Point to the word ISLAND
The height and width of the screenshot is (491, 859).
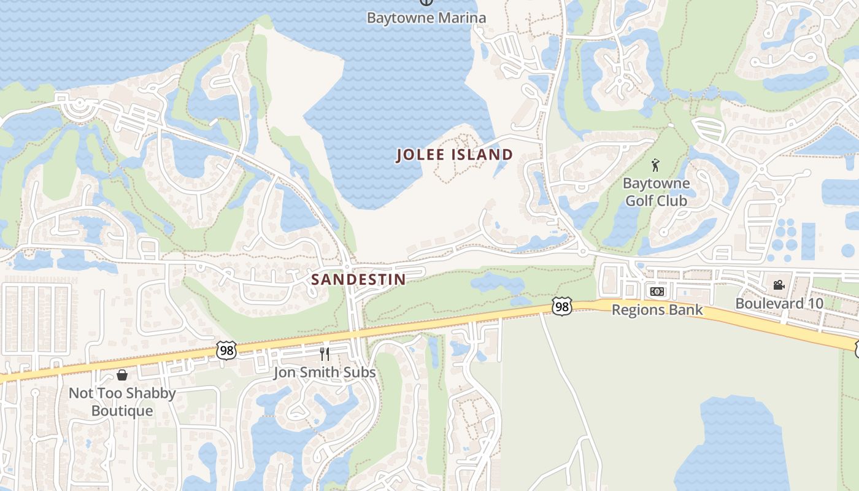[x=482, y=155]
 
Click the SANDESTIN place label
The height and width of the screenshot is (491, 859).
[x=358, y=280]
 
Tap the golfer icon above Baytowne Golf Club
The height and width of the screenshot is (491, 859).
[x=655, y=165]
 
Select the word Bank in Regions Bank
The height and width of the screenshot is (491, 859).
[x=687, y=310]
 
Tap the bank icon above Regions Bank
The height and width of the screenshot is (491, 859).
[x=657, y=292]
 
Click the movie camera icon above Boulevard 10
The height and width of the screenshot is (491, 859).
[x=779, y=285]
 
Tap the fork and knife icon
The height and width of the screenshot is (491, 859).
[x=325, y=354]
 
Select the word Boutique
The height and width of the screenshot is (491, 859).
[x=122, y=411]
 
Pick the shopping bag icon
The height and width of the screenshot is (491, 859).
[x=122, y=374]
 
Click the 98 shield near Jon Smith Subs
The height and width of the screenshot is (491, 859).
[x=226, y=350]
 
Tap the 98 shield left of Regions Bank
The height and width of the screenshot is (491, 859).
[x=561, y=306]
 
